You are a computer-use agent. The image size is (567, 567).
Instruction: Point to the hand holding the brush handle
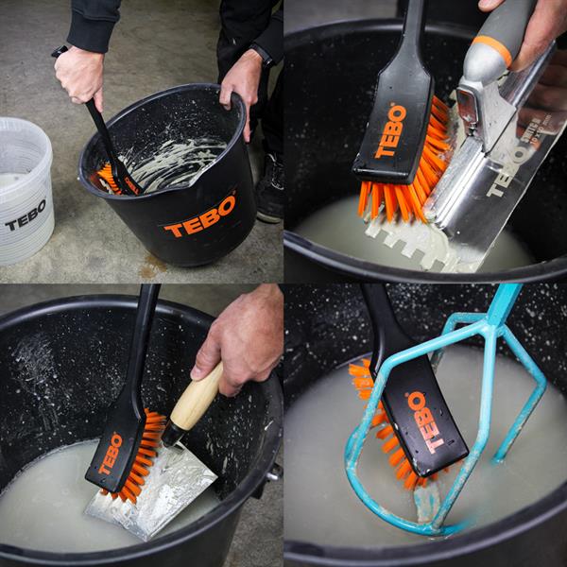[x=79, y=75]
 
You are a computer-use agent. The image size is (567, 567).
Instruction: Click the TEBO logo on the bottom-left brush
[x=111, y=453]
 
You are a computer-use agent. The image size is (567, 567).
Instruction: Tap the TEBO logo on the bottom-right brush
[x=423, y=421]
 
